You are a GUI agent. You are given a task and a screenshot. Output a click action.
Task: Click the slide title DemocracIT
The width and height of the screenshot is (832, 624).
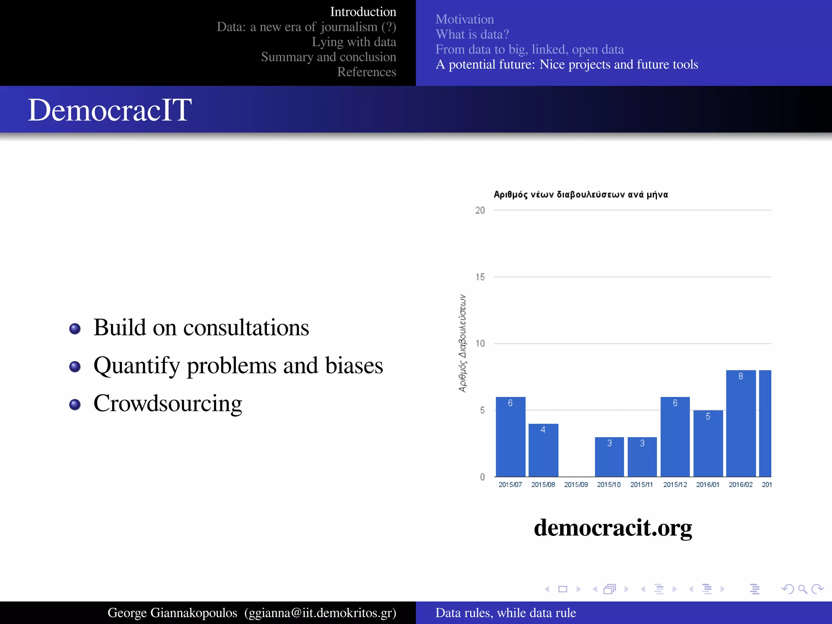[x=110, y=110]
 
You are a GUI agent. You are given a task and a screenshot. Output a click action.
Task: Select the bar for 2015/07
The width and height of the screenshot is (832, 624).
[x=510, y=437]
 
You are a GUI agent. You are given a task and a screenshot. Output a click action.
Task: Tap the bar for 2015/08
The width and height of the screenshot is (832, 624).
[x=543, y=450]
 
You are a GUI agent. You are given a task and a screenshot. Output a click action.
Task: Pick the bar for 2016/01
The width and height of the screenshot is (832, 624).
[x=708, y=443]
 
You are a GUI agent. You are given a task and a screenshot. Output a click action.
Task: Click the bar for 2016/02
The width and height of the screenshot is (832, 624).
[x=741, y=423]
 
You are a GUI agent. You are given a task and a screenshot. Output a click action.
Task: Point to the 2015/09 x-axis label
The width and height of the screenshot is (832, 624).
[x=576, y=485]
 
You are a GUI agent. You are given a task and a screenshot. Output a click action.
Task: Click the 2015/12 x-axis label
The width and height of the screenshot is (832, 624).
[x=675, y=485]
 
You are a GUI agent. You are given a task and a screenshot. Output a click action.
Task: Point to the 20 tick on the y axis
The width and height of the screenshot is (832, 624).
[x=480, y=210]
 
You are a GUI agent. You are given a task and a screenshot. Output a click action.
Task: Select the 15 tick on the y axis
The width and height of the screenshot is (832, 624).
[x=480, y=277]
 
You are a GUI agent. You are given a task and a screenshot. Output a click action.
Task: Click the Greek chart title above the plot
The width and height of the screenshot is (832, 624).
[x=581, y=195]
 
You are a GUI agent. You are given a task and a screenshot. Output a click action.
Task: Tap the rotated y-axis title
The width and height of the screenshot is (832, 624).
[x=462, y=343]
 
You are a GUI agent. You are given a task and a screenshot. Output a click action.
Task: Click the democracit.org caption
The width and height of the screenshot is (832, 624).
[x=613, y=528]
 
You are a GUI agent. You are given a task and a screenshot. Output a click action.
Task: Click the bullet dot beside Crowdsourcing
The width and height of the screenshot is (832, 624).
[x=75, y=405]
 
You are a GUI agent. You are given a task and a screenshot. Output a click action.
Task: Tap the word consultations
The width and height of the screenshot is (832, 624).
[x=246, y=327]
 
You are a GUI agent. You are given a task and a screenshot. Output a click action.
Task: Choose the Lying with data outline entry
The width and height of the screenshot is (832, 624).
[x=354, y=42]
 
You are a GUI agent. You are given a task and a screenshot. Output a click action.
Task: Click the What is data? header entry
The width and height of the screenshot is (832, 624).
[x=472, y=35]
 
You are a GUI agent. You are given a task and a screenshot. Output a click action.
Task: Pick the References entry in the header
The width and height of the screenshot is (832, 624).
[x=366, y=72]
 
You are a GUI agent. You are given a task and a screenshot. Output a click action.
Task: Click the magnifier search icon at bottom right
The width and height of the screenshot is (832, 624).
[x=802, y=589]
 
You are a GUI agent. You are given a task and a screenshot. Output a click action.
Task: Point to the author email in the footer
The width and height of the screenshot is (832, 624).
[x=320, y=613]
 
